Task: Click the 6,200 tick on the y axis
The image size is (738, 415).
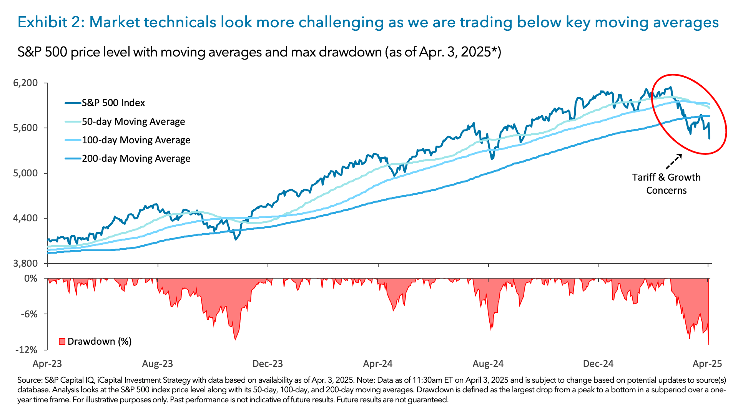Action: (25, 83)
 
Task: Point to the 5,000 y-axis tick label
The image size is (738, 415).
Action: (25, 173)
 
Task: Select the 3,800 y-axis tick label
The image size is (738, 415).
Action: (25, 263)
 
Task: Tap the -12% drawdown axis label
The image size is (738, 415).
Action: (26, 350)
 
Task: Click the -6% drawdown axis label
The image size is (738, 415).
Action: (29, 314)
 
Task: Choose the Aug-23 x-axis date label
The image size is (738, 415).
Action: (158, 364)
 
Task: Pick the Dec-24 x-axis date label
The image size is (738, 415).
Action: (598, 364)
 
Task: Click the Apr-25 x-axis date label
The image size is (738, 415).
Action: (708, 364)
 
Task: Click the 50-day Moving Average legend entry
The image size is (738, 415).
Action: (133, 122)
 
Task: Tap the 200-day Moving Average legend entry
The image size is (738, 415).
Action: (136, 159)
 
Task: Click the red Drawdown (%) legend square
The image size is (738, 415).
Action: (62, 341)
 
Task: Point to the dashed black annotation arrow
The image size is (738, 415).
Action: (673, 161)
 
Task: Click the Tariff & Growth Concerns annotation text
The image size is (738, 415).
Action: (666, 184)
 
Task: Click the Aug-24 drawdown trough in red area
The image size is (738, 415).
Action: (491, 330)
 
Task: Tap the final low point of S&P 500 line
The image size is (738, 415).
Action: (709, 138)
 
